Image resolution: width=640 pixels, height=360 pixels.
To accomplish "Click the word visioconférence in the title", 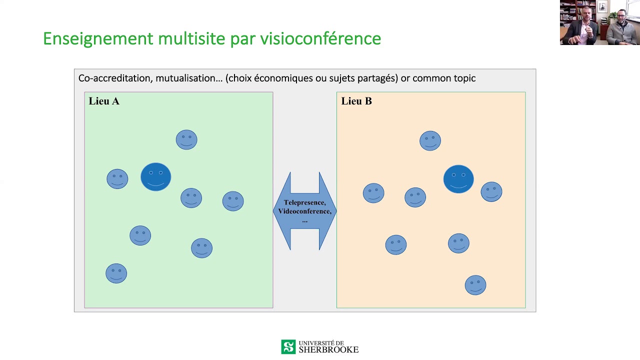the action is [320, 38].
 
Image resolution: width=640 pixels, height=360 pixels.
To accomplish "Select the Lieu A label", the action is [104, 101].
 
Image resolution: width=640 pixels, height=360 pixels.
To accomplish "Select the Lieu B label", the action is [356, 101].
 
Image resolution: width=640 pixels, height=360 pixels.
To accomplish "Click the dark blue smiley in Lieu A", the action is [155, 177].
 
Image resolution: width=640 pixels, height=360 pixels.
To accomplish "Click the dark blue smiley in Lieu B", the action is [458, 179].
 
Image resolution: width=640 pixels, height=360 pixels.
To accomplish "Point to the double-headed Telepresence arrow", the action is [305, 211].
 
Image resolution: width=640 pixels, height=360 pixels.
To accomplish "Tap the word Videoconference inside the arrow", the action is [304, 211].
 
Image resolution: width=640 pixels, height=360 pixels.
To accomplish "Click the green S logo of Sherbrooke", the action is [288, 347].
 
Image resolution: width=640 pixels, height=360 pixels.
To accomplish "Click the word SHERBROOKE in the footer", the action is [328, 349].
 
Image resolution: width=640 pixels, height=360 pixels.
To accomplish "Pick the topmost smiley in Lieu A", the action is [186, 139].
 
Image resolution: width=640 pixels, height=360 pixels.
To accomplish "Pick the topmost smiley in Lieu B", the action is [430, 141].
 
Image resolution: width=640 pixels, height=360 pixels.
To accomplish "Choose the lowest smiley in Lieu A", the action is [116, 273].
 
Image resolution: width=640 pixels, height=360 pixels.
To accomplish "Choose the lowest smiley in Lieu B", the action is [475, 285].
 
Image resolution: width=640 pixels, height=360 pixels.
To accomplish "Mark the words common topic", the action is [444, 78].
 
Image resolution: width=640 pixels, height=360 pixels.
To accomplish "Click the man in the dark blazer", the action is [580, 28].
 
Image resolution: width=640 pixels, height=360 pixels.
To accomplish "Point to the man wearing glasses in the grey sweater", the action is [621, 28].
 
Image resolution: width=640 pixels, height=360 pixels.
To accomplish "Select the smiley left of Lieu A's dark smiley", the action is [117, 179].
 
